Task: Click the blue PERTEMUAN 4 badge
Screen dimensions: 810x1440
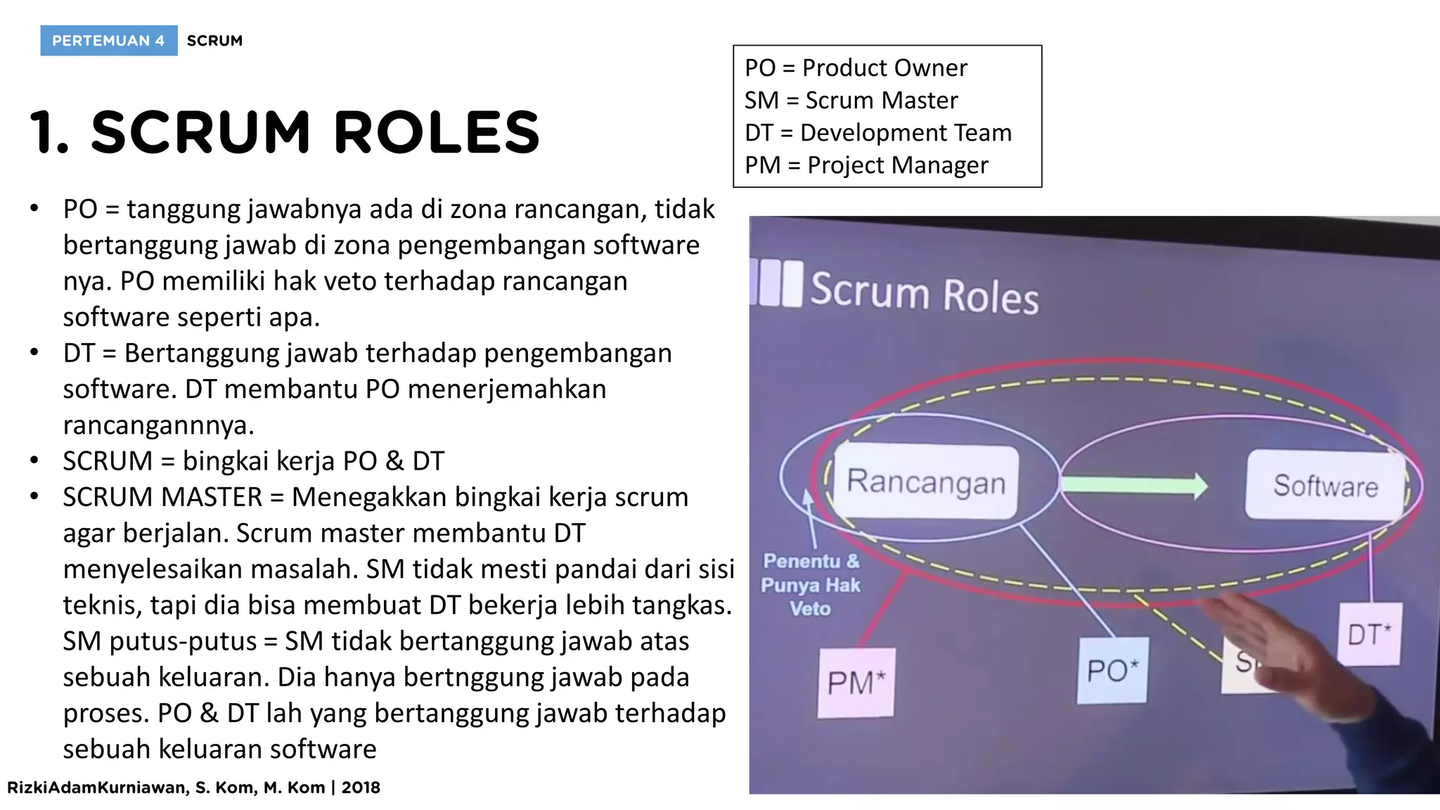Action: click(x=108, y=41)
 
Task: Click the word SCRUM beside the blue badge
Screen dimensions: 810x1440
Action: click(x=214, y=41)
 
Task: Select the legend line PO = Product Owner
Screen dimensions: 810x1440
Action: click(x=856, y=67)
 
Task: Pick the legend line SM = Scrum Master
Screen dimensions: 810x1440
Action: click(x=851, y=101)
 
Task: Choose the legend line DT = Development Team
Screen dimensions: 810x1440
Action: click(x=877, y=133)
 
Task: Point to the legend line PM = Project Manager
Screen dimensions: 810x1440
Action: click(x=866, y=165)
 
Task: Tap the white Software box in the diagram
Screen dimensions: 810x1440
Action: click(x=1325, y=486)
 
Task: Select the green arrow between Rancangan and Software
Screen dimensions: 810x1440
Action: click(x=1133, y=485)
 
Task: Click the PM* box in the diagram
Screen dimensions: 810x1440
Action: click(x=856, y=683)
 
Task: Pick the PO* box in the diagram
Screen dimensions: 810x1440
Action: click(x=1112, y=670)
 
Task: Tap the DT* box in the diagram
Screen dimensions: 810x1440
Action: click(x=1368, y=634)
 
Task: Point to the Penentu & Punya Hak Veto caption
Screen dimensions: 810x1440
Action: click(x=811, y=585)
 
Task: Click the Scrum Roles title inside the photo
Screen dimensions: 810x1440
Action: click(x=924, y=292)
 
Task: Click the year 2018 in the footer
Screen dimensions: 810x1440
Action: click(x=361, y=787)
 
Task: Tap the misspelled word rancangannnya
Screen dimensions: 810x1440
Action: click(x=158, y=425)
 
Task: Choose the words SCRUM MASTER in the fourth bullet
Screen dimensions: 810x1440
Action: click(x=162, y=497)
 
